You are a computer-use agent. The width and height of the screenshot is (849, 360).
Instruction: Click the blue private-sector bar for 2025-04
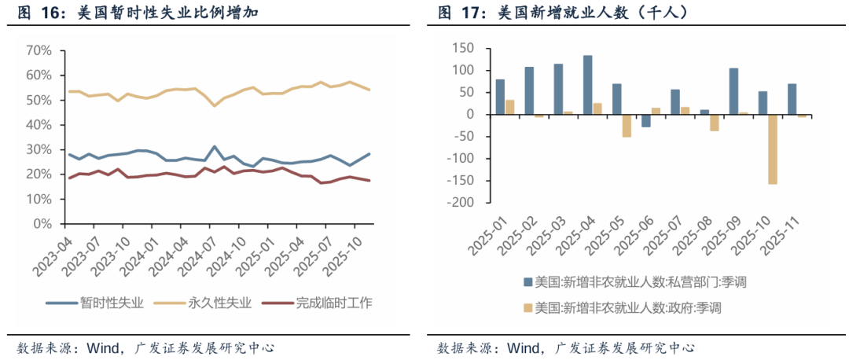coord(587,85)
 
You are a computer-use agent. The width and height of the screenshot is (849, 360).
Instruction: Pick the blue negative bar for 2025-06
coord(645,120)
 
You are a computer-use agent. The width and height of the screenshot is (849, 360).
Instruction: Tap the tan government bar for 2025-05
coord(627,126)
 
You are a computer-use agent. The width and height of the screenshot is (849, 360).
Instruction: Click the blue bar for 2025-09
coord(733,91)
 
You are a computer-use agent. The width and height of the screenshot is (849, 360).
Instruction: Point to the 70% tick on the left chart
coord(39,50)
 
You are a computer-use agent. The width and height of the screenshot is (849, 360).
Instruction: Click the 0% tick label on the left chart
coord(42,224)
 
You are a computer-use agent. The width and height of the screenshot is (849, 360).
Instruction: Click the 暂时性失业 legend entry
coord(107,303)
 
